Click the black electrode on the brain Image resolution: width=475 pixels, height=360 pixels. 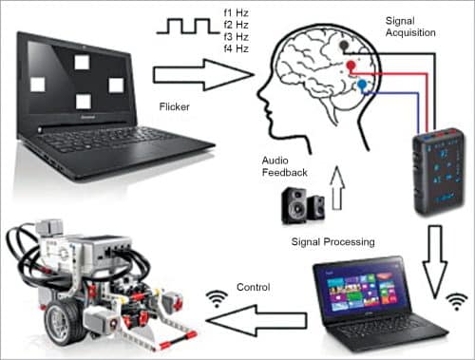(344, 46)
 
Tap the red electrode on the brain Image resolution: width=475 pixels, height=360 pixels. (351, 66)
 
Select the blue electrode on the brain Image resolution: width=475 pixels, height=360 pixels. (362, 85)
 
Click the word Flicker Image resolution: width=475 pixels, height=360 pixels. (174, 106)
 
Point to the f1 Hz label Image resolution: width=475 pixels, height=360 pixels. (236, 13)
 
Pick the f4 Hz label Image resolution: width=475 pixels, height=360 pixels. (236, 48)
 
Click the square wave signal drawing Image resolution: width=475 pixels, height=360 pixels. (188, 27)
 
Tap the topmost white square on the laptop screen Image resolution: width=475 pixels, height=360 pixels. (82, 62)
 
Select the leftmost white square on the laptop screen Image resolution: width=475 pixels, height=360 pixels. (37, 85)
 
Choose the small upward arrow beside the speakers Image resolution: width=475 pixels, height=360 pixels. (337, 188)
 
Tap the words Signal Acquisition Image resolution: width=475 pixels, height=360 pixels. (410, 27)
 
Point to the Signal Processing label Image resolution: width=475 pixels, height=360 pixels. (332, 242)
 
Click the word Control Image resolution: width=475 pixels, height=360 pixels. (254, 287)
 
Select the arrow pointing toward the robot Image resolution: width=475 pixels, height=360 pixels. (256, 320)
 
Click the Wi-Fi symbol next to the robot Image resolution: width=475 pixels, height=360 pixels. (218, 299)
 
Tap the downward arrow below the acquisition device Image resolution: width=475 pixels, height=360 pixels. (435, 262)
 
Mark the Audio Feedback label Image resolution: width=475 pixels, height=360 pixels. (284, 166)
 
